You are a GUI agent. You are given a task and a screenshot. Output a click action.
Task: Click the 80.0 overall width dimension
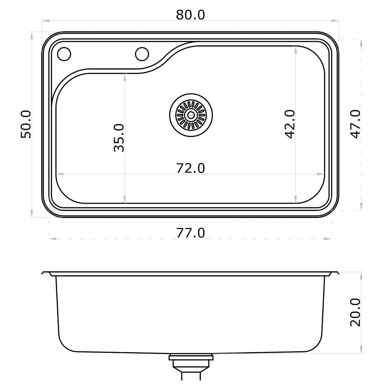click(190, 15)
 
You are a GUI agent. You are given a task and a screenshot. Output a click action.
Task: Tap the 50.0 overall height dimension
click(26, 124)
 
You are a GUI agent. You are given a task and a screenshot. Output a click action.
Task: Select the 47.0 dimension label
click(356, 124)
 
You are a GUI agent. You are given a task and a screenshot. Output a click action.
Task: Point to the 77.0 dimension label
click(190, 233)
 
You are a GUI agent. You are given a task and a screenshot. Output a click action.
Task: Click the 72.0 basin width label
click(190, 168)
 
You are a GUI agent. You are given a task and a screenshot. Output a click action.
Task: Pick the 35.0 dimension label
click(119, 138)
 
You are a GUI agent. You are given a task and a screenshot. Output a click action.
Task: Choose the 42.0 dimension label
click(290, 124)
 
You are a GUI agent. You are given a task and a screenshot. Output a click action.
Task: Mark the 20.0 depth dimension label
click(356, 312)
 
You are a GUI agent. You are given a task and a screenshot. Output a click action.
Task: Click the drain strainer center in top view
click(191, 115)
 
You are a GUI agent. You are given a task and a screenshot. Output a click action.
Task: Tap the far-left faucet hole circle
click(64, 54)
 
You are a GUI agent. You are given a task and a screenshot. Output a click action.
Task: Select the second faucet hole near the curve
click(142, 54)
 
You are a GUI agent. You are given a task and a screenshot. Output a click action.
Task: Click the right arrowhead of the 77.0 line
click(328, 239)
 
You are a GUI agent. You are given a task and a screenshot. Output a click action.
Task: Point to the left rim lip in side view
click(46, 274)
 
